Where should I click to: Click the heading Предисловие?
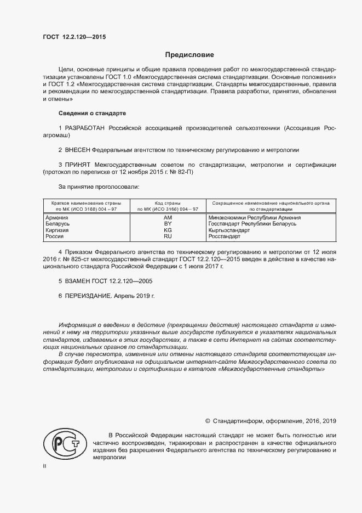click(x=189, y=55)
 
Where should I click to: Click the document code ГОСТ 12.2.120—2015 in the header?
click(x=74, y=37)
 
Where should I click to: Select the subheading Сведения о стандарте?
click(x=92, y=113)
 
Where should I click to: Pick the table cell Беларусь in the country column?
click(x=57, y=224)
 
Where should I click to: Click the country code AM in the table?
click(x=168, y=218)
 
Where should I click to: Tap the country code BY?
click(x=168, y=224)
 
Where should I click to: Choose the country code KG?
click(x=168, y=230)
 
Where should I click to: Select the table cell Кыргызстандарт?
click(x=229, y=230)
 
